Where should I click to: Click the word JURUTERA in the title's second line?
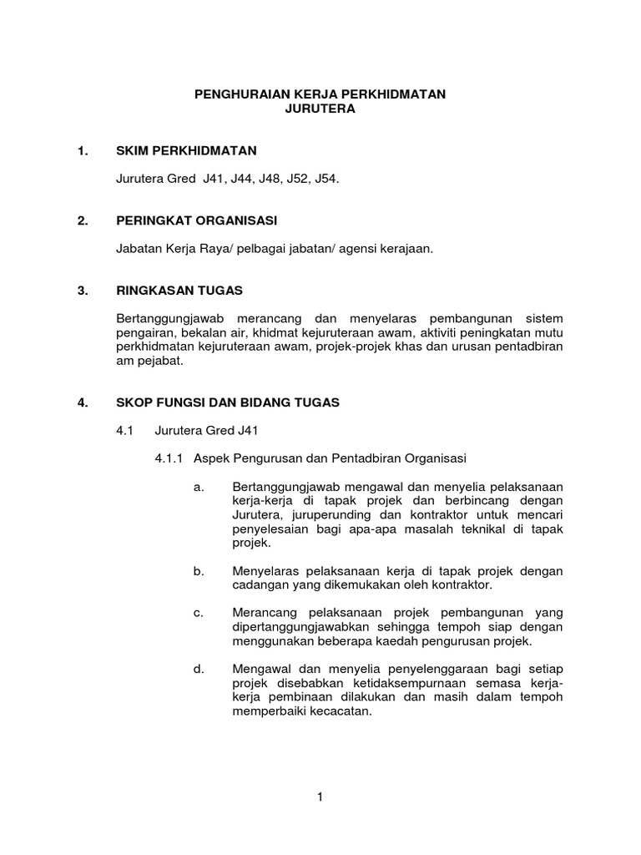(x=320, y=109)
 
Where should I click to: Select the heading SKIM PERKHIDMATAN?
(x=187, y=151)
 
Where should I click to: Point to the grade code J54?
(x=326, y=180)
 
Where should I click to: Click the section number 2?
(x=82, y=220)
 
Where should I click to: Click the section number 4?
(x=82, y=402)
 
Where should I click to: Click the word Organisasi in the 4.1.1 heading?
(x=439, y=458)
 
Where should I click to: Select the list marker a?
(x=198, y=486)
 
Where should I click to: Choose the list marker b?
(x=198, y=571)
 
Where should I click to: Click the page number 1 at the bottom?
(x=320, y=797)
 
